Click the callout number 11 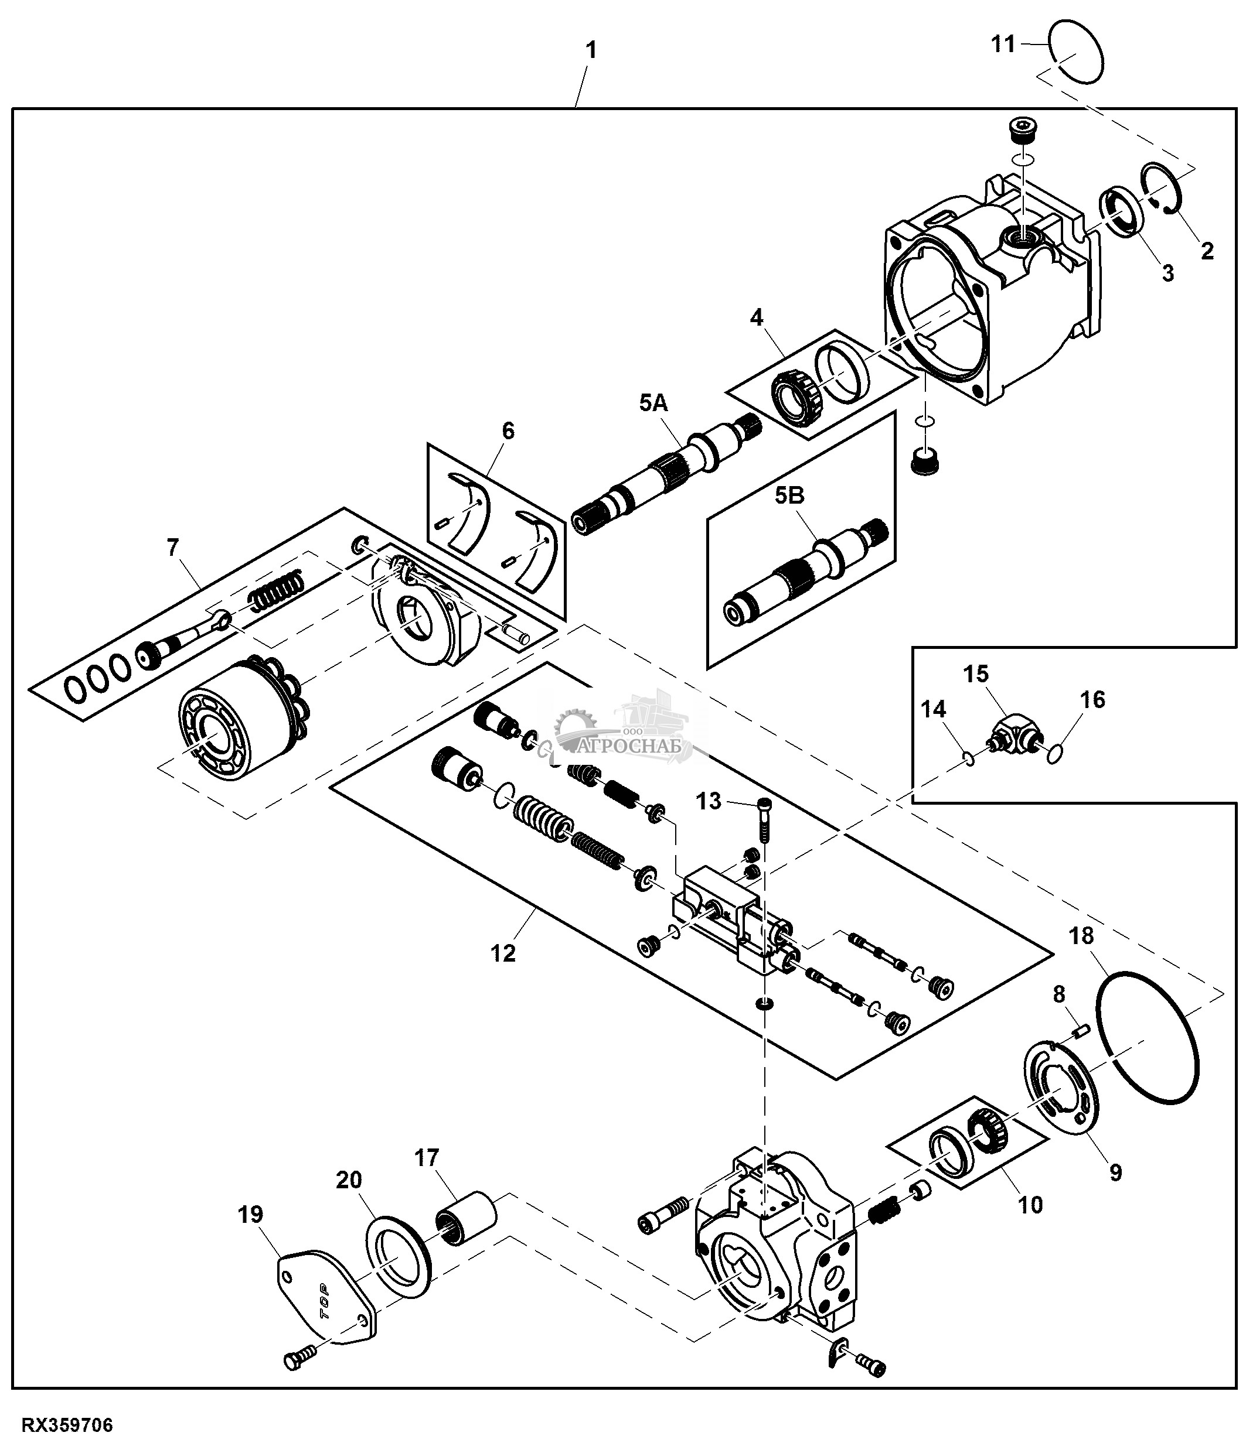pos(1003,44)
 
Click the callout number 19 pos(250,1214)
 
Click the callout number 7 pos(172,547)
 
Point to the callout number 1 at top pos(591,50)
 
